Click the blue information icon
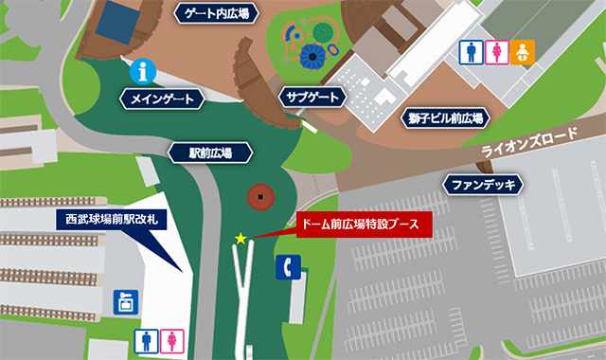(143, 69)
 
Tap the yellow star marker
(241, 239)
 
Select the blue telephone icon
(288, 269)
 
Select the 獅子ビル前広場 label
(447, 118)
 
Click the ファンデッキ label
(482, 183)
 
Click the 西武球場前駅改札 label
(112, 219)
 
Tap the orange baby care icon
(522, 53)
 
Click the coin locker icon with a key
(125, 302)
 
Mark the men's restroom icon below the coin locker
(147, 339)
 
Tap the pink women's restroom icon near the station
(171, 339)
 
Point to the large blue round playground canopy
(313, 58)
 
